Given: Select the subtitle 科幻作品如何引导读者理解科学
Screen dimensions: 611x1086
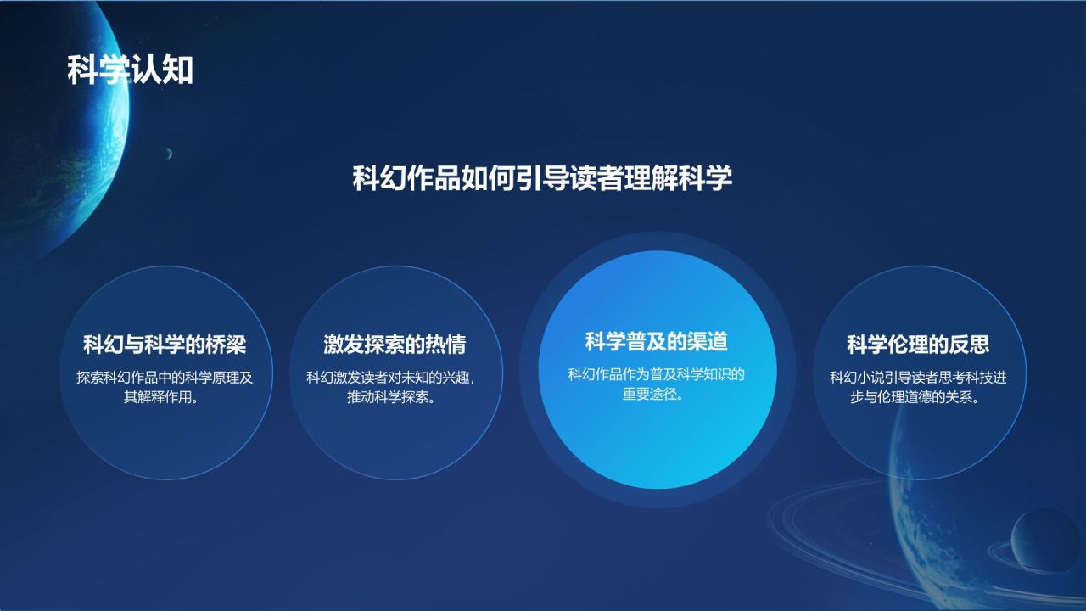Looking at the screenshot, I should click(x=542, y=179).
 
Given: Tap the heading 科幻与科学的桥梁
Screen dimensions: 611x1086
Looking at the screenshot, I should click(x=165, y=345).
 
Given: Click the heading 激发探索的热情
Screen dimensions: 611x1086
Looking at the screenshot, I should click(x=395, y=345).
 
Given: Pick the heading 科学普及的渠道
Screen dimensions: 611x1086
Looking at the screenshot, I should click(x=657, y=341).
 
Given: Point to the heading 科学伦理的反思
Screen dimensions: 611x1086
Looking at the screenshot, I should click(x=918, y=345).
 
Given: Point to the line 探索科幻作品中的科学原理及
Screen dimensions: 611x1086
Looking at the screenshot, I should click(x=165, y=378).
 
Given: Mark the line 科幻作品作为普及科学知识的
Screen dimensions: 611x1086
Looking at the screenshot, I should click(x=656, y=374).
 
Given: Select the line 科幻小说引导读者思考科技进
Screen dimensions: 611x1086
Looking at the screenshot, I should click(x=918, y=378).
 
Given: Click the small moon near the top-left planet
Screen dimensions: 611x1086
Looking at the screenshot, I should click(x=169, y=154).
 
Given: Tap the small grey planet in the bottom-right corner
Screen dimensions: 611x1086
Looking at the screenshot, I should click(x=1045, y=541).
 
